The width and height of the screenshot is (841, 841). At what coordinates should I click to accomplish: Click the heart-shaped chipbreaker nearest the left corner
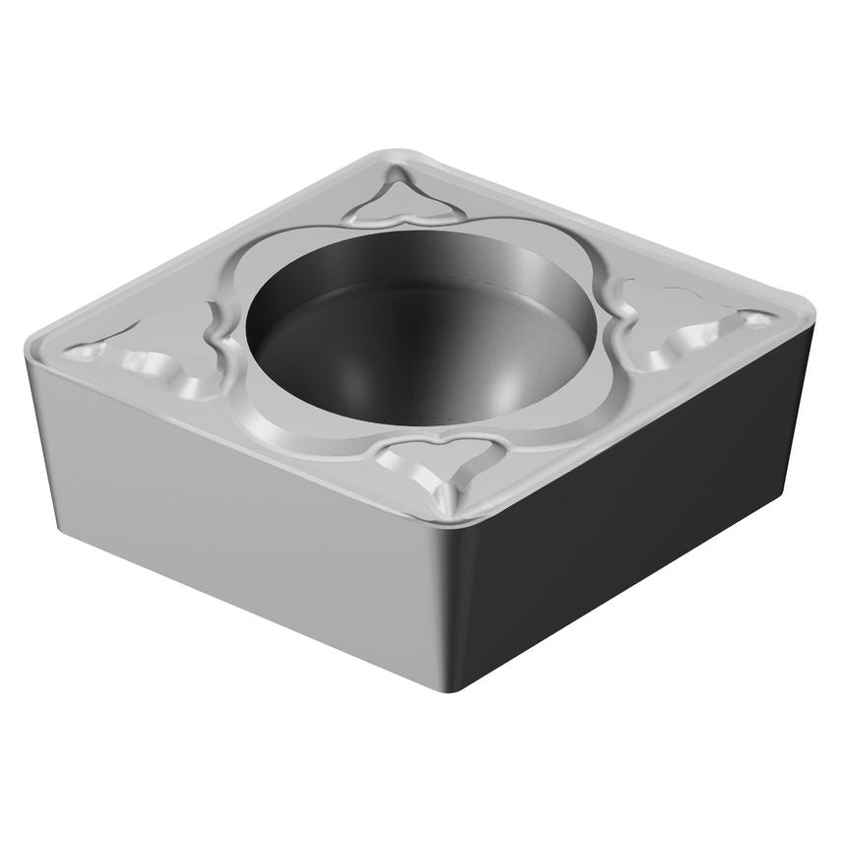167,345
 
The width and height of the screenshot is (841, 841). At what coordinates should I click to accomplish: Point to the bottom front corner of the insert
438,689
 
